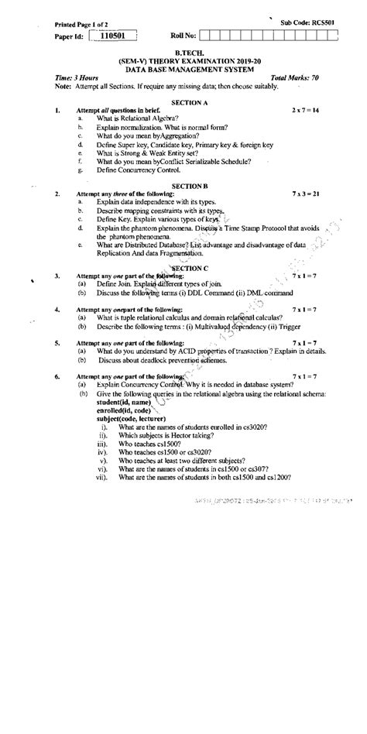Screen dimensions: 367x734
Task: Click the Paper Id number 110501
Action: point(112,36)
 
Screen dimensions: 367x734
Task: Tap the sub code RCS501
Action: point(334,24)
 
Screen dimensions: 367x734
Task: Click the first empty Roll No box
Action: point(214,36)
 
